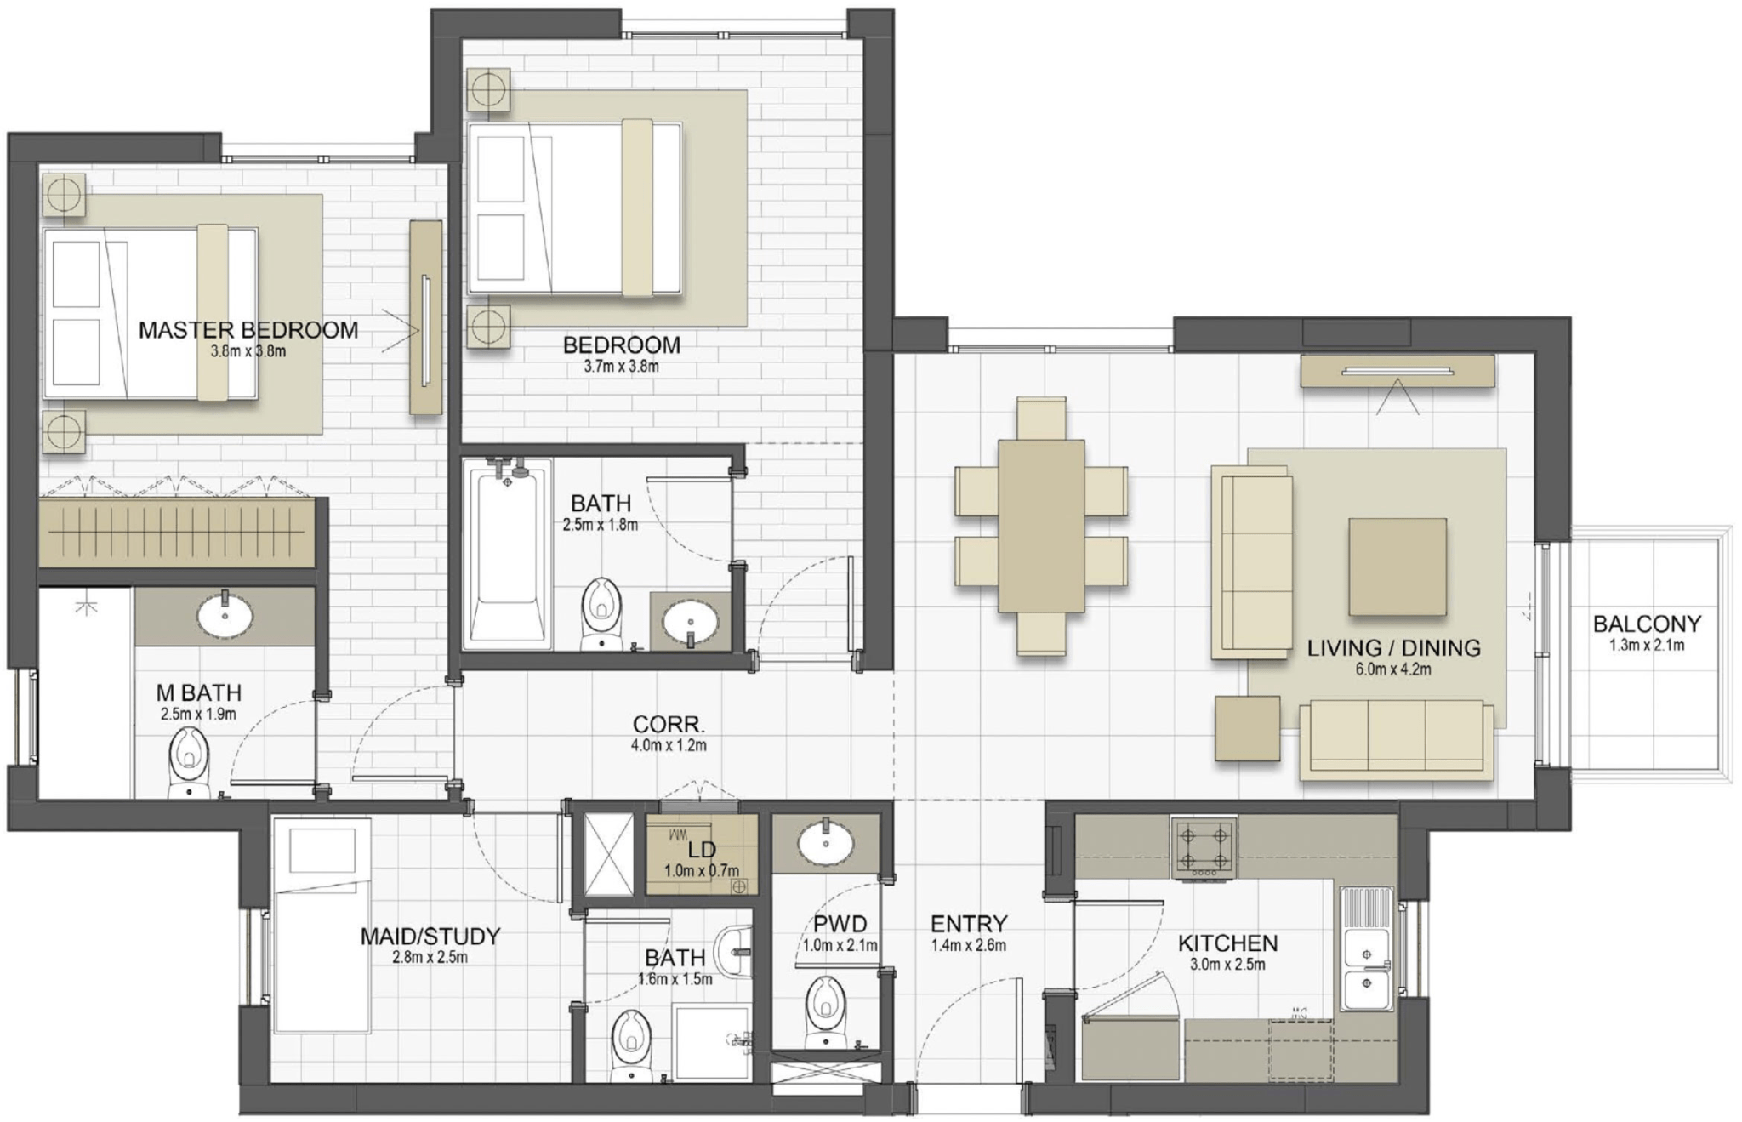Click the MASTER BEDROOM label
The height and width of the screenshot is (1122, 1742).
coord(248,330)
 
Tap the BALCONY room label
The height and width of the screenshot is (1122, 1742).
coord(1647,624)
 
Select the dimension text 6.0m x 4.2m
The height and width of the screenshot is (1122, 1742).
coord(1393,669)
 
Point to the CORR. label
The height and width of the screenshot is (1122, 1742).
coord(669,725)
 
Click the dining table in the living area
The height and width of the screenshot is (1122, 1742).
coord(1041,526)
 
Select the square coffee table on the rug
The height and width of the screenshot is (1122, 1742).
coord(1397,567)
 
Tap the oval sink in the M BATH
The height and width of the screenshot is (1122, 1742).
coord(225,615)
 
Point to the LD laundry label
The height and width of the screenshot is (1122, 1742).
coord(702,849)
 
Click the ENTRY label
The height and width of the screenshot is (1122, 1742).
coord(968,924)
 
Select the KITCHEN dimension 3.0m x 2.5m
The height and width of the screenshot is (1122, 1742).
coord(1227,965)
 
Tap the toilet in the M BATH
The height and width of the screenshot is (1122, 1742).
coord(189,764)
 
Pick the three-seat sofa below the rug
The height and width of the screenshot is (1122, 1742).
coord(1397,738)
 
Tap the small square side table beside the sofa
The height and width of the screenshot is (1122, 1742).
coord(1248,728)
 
